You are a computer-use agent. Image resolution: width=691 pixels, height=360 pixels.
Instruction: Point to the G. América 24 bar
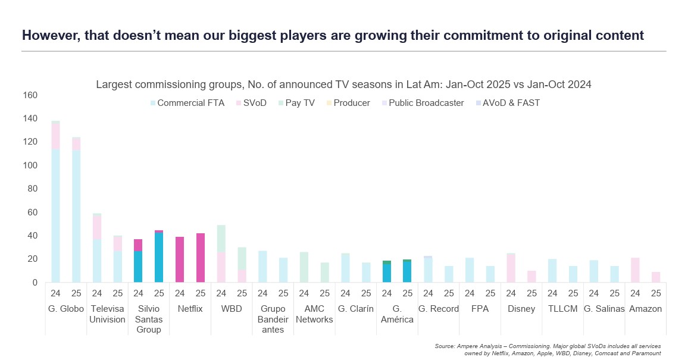point(387,271)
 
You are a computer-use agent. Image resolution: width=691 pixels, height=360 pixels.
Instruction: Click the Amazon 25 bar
point(656,277)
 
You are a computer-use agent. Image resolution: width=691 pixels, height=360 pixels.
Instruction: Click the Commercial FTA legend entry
point(187,103)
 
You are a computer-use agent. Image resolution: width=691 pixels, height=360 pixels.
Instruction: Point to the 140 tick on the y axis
point(29,118)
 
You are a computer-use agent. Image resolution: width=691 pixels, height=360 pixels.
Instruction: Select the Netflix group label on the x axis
point(190,309)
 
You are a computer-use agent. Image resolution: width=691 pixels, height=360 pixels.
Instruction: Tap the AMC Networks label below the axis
point(314,314)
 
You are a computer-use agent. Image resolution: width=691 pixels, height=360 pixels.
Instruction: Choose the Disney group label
point(521,309)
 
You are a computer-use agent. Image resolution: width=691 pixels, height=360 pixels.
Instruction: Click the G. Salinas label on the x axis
point(604,309)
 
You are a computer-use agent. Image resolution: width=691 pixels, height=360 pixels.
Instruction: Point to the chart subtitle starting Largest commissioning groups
point(343,84)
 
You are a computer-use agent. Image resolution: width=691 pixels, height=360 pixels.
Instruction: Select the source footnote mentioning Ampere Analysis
point(548,350)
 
